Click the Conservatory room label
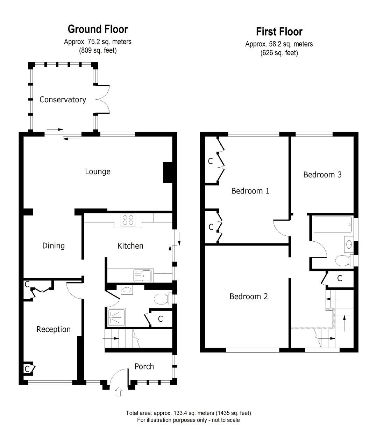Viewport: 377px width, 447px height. pyautogui.click(x=63, y=100)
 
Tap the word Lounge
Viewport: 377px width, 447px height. pyautogui.click(x=98, y=171)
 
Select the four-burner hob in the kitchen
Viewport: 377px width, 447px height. pyautogui.click(x=128, y=220)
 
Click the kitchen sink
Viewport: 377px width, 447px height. pyautogui.click(x=142, y=276)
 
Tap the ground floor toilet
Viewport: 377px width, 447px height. pyautogui.click(x=162, y=299)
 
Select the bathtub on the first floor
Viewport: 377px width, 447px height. pyautogui.click(x=333, y=225)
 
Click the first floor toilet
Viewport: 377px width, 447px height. pyautogui.click(x=342, y=261)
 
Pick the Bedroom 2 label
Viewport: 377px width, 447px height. pyautogui.click(x=248, y=296)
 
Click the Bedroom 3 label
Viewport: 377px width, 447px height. pyautogui.click(x=322, y=175)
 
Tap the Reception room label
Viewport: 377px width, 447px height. pyautogui.click(x=54, y=329)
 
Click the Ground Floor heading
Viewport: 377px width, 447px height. pyautogui.click(x=98, y=29)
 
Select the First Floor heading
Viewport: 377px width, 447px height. pyautogui.click(x=279, y=31)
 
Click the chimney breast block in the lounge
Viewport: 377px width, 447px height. pyautogui.click(x=168, y=173)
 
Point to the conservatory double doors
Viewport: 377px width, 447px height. pyautogui.click(x=104, y=99)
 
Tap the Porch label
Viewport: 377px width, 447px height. pyautogui.click(x=144, y=366)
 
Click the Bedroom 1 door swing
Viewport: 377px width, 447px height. pyautogui.click(x=281, y=228)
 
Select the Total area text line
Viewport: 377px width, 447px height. pyautogui.click(x=188, y=413)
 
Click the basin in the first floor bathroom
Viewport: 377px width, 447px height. pyautogui.click(x=349, y=244)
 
